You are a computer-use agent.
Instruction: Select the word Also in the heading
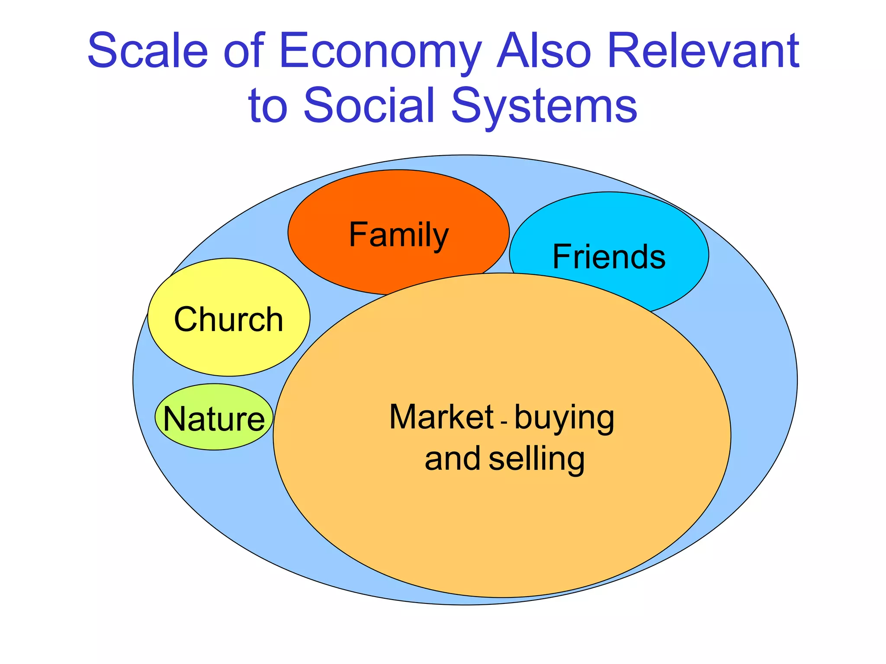pyautogui.click(x=544, y=51)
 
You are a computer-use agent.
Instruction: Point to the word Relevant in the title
pyautogui.click(x=704, y=51)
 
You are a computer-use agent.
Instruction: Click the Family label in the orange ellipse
pyautogui.click(x=398, y=235)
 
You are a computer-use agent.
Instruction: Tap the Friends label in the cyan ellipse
pyautogui.click(x=609, y=257)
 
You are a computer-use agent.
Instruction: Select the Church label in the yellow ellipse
pyautogui.click(x=228, y=319)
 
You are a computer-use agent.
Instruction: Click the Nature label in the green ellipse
pyautogui.click(x=214, y=419)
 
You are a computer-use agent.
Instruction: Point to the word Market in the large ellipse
pyautogui.click(x=441, y=417)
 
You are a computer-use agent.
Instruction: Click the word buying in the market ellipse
pyautogui.click(x=565, y=418)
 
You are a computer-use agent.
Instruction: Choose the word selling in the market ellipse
pyautogui.click(x=536, y=460)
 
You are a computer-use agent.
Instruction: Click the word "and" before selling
pyautogui.click(x=452, y=459)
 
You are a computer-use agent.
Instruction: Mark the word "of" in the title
pyautogui.click(x=244, y=51)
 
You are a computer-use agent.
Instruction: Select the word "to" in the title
pyautogui.click(x=268, y=105)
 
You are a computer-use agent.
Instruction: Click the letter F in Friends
pyautogui.click(x=562, y=257)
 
